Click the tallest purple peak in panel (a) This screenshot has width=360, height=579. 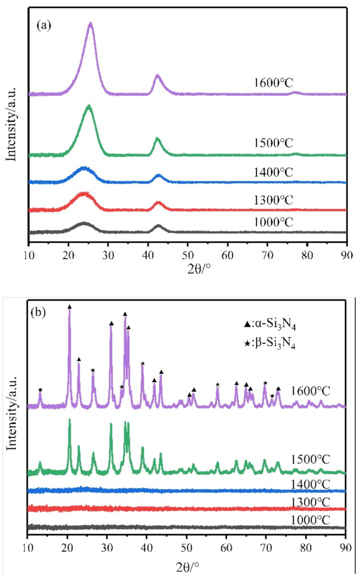pos(91,24)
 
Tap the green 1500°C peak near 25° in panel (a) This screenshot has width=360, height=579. pos(89,106)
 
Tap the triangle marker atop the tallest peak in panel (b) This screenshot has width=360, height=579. pos(70,307)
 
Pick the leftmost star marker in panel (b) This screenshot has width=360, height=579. pos(40,390)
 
